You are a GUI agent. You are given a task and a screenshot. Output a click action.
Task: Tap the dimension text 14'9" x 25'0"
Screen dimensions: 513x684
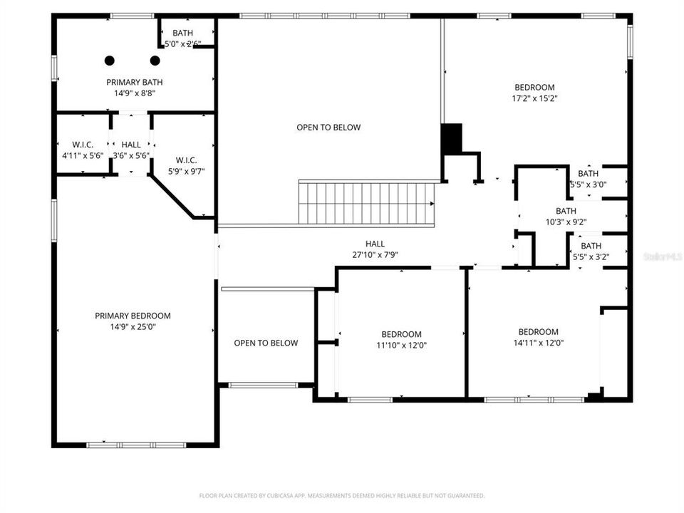tap(133, 327)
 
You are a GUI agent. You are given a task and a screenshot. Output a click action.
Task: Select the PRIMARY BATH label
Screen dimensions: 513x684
tap(131, 82)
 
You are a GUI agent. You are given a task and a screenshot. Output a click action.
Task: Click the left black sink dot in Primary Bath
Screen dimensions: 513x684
tap(110, 61)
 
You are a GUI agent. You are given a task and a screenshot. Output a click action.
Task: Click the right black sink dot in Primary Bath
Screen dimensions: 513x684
tap(155, 61)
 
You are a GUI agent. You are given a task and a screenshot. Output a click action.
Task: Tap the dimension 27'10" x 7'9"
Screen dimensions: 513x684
tap(375, 254)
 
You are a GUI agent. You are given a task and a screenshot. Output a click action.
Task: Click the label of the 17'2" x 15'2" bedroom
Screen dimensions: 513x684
tap(534, 88)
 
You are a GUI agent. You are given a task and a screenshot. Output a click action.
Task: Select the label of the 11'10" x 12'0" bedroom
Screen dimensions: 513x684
tap(401, 334)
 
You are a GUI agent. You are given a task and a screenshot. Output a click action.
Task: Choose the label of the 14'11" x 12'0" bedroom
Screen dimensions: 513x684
tap(538, 331)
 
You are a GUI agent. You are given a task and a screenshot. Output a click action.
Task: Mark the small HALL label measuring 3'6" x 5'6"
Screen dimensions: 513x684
tap(131, 145)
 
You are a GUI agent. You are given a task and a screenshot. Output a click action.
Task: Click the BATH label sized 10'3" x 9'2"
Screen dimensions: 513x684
tap(566, 211)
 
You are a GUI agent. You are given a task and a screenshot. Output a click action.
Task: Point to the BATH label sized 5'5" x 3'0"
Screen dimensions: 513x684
tap(588, 173)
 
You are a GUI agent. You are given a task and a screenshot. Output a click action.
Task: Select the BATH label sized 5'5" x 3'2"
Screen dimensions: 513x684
tap(591, 246)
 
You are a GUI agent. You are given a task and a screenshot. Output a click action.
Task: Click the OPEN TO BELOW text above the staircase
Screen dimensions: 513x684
tap(328, 128)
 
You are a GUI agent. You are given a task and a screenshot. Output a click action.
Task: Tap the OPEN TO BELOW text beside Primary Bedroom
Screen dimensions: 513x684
tap(266, 343)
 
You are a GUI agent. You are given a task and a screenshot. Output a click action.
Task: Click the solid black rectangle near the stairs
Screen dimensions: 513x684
tap(452, 138)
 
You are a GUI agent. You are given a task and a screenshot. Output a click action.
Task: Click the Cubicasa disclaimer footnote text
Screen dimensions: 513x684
tap(341, 495)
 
